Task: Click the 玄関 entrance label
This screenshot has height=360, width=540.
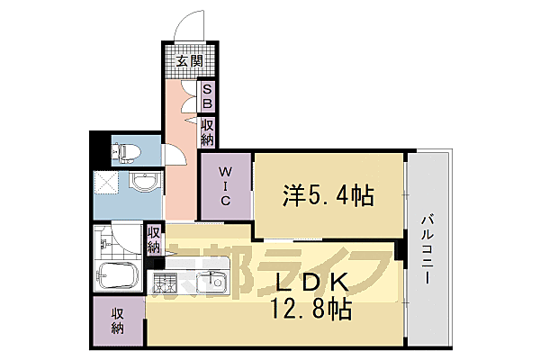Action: point(188,62)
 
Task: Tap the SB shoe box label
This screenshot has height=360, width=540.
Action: point(207,97)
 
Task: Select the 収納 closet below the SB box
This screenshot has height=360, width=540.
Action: point(207,133)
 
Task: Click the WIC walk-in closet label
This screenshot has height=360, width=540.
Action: point(225,186)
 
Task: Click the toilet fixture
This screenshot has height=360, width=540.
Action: point(122,150)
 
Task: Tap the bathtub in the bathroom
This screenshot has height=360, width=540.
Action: point(116,277)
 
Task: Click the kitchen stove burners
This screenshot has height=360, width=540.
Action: point(165,285)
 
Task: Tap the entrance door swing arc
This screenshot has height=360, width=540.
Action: point(192,25)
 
